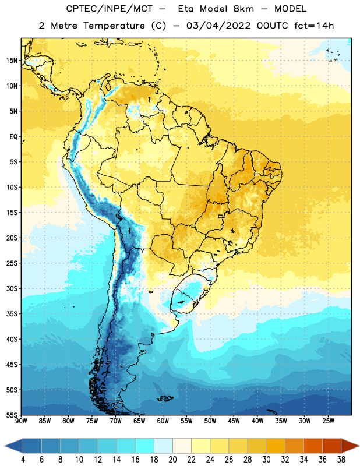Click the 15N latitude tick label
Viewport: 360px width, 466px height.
point(12,61)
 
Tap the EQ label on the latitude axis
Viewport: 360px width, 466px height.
point(13,137)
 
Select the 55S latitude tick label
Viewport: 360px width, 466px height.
point(12,415)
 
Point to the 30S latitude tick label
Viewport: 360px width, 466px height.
point(12,288)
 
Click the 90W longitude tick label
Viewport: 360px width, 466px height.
point(21,421)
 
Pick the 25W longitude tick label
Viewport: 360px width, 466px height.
point(328,421)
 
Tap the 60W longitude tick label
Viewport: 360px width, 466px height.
point(163,421)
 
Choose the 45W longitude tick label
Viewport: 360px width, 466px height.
point(234,421)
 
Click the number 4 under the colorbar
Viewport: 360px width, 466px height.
point(23,460)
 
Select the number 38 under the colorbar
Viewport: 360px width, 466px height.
point(341,460)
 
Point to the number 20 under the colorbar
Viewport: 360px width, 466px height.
point(172,460)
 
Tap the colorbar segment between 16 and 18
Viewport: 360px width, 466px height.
point(144,446)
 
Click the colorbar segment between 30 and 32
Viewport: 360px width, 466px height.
point(276,446)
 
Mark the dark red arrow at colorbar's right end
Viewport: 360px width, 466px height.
point(350,446)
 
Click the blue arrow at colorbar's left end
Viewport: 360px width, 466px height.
point(13,446)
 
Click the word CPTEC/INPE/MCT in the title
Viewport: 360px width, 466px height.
point(110,9)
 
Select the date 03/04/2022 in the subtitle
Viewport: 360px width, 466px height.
point(218,26)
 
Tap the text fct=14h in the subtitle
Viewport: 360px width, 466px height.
point(314,26)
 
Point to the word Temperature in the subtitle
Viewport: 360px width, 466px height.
point(114,26)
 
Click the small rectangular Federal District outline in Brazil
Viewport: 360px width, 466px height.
point(221,216)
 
